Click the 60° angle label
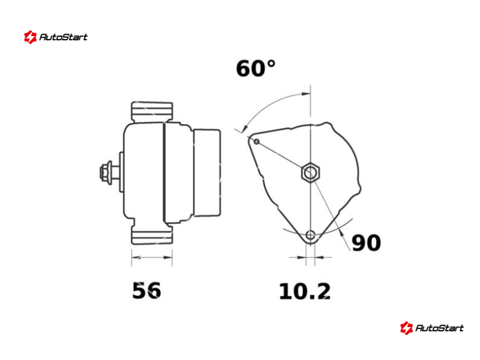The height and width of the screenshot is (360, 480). (x=256, y=68)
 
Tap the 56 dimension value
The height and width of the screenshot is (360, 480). (x=146, y=290)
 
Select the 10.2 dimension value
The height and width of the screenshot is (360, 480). (x=305, y=291)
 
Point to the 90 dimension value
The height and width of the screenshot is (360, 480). (x=366, y=243)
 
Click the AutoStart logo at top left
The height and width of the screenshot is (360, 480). (x=56, y=37)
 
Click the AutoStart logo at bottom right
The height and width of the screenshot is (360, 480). (x=432, y=328)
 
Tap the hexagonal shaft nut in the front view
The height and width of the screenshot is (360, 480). (x=310, y=173)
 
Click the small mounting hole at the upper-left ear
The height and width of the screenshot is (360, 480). (x=257, y=142)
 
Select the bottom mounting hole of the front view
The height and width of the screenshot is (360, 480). (x=310, y=235)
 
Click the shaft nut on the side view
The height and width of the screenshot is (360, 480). (x=106, y=172)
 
